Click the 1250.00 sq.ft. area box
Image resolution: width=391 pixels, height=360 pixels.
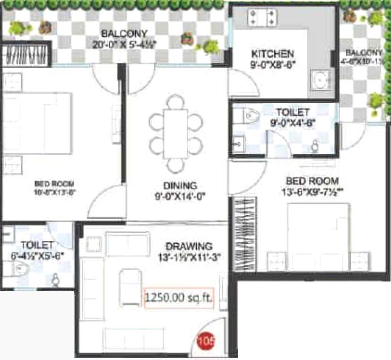pos(179,298)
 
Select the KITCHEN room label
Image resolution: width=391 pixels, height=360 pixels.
pos(272,53)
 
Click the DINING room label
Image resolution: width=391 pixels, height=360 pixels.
pos(180,185)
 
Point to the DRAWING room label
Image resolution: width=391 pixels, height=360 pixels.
pos(189,246)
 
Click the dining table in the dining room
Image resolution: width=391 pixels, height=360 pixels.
pos(175,134)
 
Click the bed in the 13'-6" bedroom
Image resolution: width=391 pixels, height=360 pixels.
pos(318,237)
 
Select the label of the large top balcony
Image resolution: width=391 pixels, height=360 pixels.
pos(124,34)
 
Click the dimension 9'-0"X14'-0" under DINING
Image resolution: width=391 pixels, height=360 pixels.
pos(180,195)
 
